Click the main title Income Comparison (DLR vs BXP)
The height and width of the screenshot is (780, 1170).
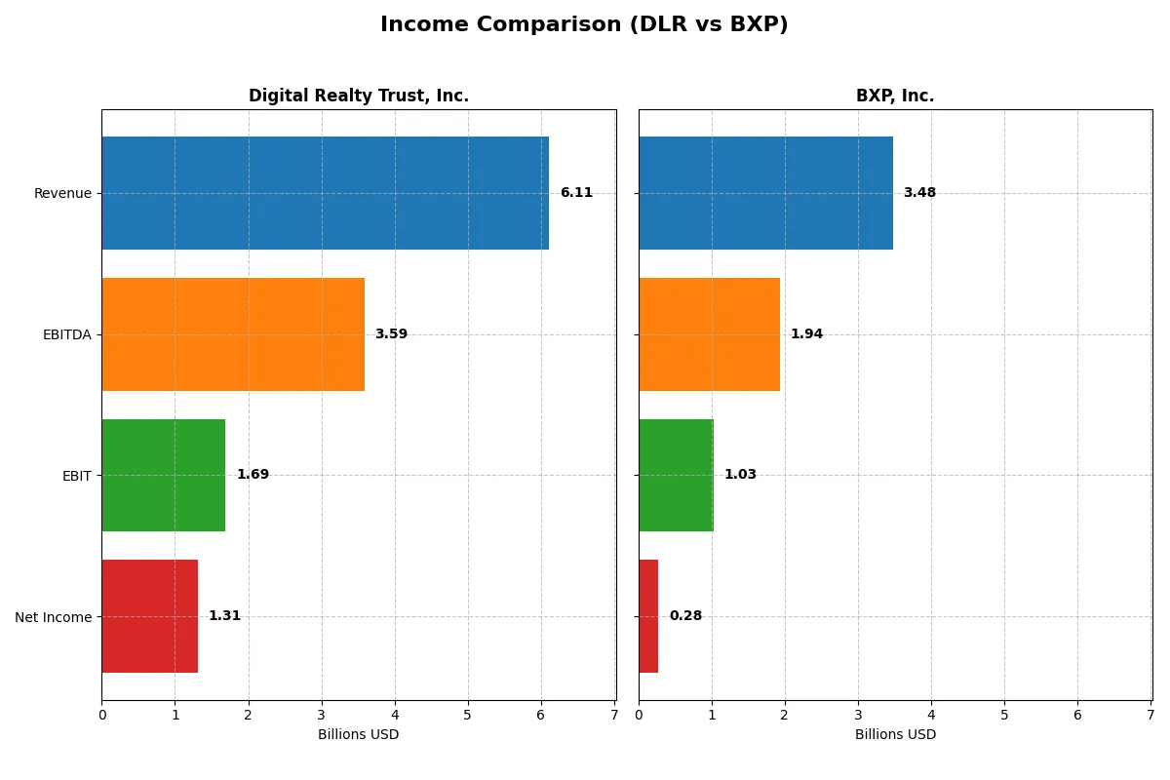(x=584, y=25)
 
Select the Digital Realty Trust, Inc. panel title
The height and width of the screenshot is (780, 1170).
(x=358, y=96)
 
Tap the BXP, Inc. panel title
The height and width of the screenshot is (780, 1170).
(x=894, y=96)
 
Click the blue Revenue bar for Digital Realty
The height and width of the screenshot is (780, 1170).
(x=325, y=193)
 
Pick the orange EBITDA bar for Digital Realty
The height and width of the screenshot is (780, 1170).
(x=233, y=334)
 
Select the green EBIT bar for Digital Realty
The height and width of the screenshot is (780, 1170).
(x=163, y=475)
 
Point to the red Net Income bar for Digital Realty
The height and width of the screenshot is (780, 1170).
(x=149, y=616)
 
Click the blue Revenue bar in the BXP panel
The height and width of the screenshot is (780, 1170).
(x=765, y=193)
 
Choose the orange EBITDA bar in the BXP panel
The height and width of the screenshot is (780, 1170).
(x=709, y=334)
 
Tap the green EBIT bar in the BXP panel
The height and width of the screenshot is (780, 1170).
(x=676, y=475)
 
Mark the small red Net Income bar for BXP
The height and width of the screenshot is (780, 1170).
(x=648, y=616)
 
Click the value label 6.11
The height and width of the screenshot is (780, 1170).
(x=576, y=193)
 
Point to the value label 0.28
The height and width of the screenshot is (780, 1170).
(x=685, y=616)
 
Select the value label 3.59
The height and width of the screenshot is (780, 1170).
(x=391, y=334)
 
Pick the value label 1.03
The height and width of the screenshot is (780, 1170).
(x=740, y=475)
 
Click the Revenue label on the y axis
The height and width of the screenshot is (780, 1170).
(x=62, y=193)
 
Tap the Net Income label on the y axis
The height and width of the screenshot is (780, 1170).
(x=54, y=617)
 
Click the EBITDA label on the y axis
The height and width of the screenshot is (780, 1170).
(x=66, y=334)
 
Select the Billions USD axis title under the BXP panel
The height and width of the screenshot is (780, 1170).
(x=895, y=734)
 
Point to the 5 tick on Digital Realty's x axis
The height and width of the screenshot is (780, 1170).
(x=468, y=715)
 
